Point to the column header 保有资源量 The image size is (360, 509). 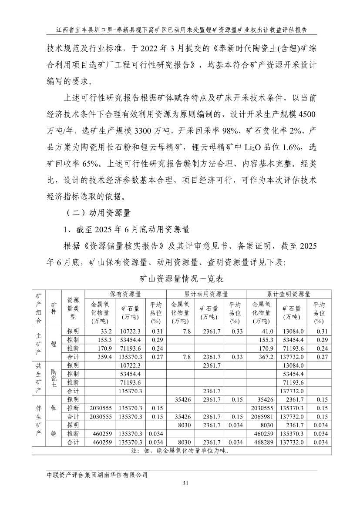click(125, 294)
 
